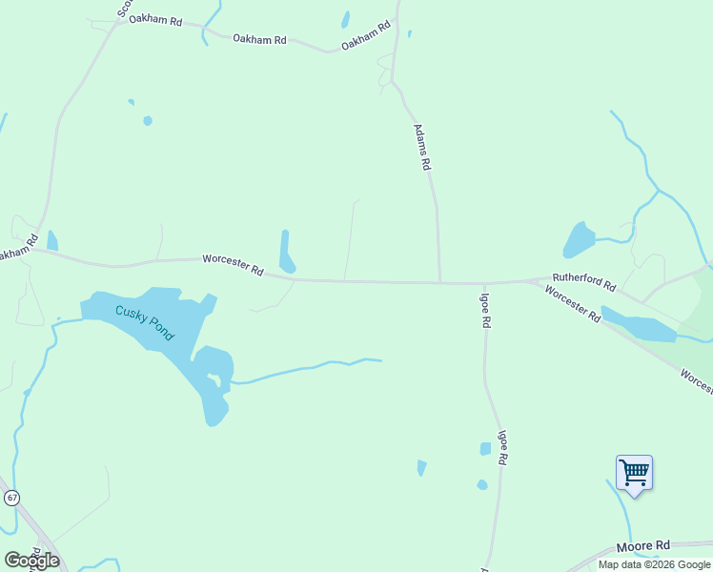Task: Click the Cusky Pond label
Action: pos(145,322)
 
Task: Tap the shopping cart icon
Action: pos(634,473)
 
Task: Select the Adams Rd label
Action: pos(421,147)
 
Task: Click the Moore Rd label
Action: pos(642,546)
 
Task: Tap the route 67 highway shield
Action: pos(11,498)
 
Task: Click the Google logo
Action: pos(31,560)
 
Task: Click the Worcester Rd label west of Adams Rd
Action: pos(233,264)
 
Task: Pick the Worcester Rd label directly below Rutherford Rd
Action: pos(573,302)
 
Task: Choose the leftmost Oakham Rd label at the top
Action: pos(155,20)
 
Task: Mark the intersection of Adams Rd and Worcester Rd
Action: pos(439,282)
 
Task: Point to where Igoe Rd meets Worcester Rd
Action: pos(484,283)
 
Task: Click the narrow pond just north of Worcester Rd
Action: pos(286,252)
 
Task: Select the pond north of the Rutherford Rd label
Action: pos(578,239)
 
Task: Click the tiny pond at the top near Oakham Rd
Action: pos(345,19)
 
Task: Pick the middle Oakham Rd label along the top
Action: pos(260,40)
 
